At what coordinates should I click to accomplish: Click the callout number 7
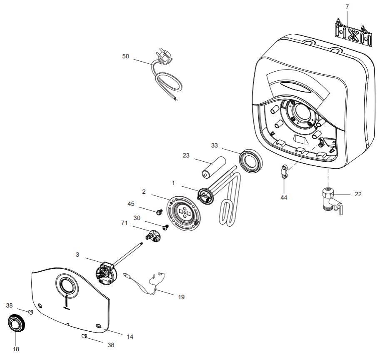347,7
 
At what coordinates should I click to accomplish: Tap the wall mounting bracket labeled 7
353,32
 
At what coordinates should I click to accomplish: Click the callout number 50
125,56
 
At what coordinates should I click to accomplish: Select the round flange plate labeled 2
184,212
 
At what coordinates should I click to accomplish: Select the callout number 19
180,297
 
